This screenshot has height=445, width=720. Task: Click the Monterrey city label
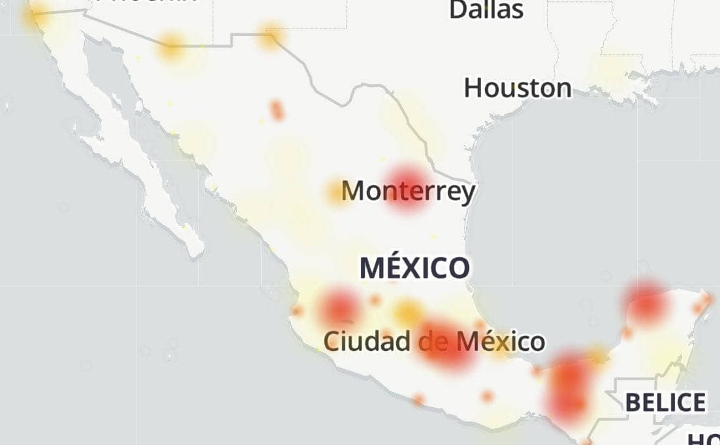[409, 191]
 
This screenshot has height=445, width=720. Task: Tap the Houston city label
[518, 88]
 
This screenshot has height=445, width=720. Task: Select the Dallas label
[486, 9]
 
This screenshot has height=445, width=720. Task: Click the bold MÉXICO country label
[415, 268]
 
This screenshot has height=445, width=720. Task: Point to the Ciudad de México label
[434, 340]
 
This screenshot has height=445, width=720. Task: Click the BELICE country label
[665, 402]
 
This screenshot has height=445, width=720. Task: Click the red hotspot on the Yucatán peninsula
[646, 303]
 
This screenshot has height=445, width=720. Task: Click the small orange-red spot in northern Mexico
[277, 110]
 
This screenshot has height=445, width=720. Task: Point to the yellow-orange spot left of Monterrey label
[336, 191]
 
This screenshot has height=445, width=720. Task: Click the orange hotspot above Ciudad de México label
[409, 312]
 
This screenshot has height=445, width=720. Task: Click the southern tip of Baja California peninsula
[195, 251]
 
